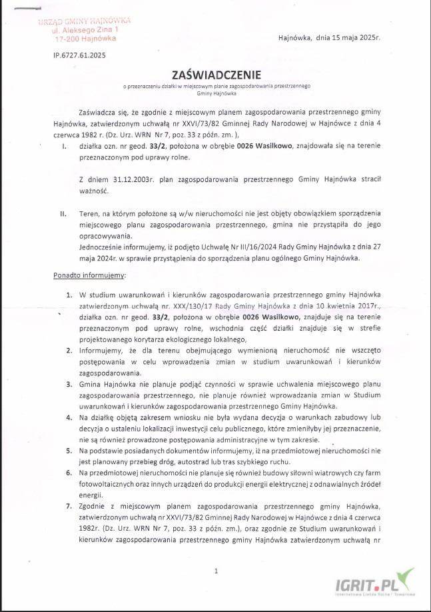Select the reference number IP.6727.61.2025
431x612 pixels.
(80, 56)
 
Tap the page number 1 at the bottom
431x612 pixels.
(216, 571)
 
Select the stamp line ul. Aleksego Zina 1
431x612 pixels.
(87, 31)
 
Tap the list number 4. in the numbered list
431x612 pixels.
(70, 417)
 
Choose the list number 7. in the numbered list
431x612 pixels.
(70, 506)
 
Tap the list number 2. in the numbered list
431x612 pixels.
(70, 349)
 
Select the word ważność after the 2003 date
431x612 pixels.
(93, 191)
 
